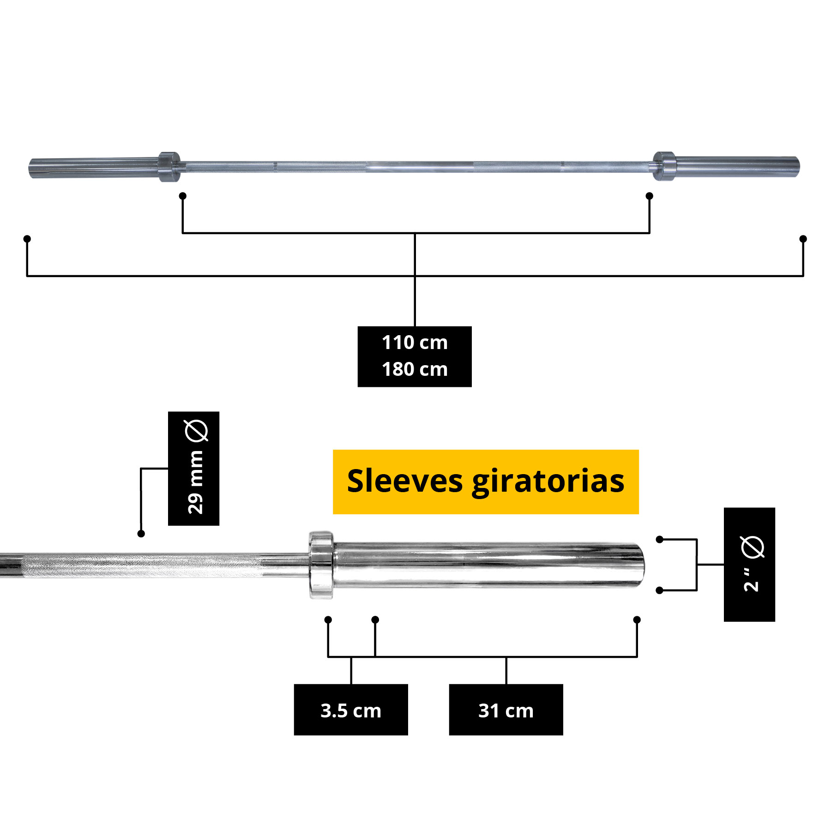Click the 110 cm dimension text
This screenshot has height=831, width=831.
415,343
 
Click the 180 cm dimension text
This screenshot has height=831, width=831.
415,369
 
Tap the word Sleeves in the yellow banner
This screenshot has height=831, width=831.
405,481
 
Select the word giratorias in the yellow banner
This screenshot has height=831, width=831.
548,483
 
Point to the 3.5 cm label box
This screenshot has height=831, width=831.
351,710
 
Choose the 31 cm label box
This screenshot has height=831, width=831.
506,710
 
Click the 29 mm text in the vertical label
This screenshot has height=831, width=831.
195,482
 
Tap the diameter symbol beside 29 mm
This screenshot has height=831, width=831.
196,431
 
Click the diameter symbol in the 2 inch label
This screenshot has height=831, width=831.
753,548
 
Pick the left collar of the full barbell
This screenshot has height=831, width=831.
169,167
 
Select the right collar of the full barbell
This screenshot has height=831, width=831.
664,166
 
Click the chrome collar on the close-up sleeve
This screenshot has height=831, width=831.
321,565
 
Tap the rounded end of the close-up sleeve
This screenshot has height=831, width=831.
639,565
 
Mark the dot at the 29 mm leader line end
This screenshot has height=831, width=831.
141,534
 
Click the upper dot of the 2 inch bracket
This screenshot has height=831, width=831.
660,539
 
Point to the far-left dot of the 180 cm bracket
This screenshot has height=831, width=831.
27,239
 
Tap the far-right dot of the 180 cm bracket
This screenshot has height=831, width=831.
803,239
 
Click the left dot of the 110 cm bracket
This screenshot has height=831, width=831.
183,196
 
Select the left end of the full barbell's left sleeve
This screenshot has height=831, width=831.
30,168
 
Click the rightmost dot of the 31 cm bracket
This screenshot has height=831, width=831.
637,620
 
